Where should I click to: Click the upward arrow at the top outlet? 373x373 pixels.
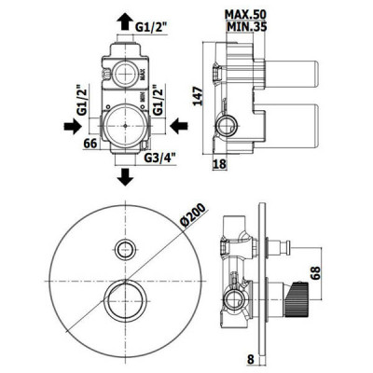pos(125,21)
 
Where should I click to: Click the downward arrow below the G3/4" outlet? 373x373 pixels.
pos(125,177)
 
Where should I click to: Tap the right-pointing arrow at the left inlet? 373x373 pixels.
pos(72,126)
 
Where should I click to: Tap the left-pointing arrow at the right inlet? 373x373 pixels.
pos(179,126)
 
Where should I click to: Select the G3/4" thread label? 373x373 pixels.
pos(160,159)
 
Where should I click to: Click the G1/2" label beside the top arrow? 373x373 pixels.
pos(152,27)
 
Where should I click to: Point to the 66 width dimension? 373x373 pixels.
pos(90,144)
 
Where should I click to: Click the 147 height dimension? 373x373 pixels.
pos(198,96)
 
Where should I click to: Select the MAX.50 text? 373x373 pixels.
pos(246,14)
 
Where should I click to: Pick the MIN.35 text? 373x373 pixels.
pos(247,27)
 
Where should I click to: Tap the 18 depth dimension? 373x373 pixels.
pos(220,164)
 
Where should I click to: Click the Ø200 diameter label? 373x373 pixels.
pos(193,215)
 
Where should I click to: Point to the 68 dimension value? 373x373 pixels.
pos(315,272)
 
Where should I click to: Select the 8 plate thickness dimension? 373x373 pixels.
pos(251,359)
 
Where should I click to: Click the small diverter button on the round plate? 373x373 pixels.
pos(125,249)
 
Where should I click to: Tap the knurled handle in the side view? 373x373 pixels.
pos(297,299)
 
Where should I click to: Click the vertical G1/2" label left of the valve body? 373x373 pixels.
pos(82,101)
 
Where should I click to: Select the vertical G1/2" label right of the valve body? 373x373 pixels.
pos(159,101)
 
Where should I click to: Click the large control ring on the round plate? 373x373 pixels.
pos(125,301)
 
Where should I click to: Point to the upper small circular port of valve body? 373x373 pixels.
pos(124,74)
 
